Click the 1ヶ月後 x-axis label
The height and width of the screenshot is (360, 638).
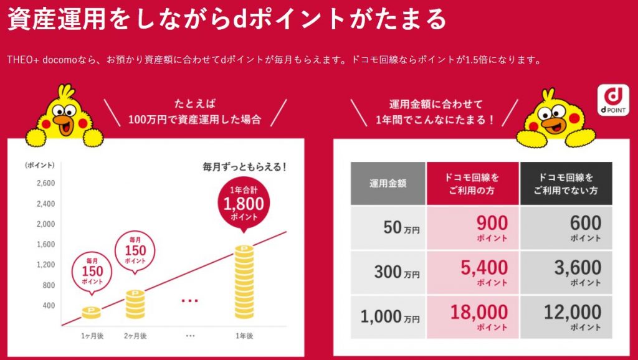click(x=92, y=336)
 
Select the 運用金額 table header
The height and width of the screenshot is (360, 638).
click(x=388, y=183)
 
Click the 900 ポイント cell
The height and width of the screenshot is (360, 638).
click(x=472, y=228)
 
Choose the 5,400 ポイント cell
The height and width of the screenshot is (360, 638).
click(x=472, y=272)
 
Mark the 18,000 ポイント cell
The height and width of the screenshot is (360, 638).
click(x=472, y=316)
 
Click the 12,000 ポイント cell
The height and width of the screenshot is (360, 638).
click(x=566, y=316)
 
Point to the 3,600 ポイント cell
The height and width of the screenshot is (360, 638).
click(x=566, y=272)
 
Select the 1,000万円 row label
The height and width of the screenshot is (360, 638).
click(x=388, y=316)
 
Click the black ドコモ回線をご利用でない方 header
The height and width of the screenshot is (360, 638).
click(x=566, y=183)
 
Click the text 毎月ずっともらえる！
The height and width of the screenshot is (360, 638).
click(x=244, y=167)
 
